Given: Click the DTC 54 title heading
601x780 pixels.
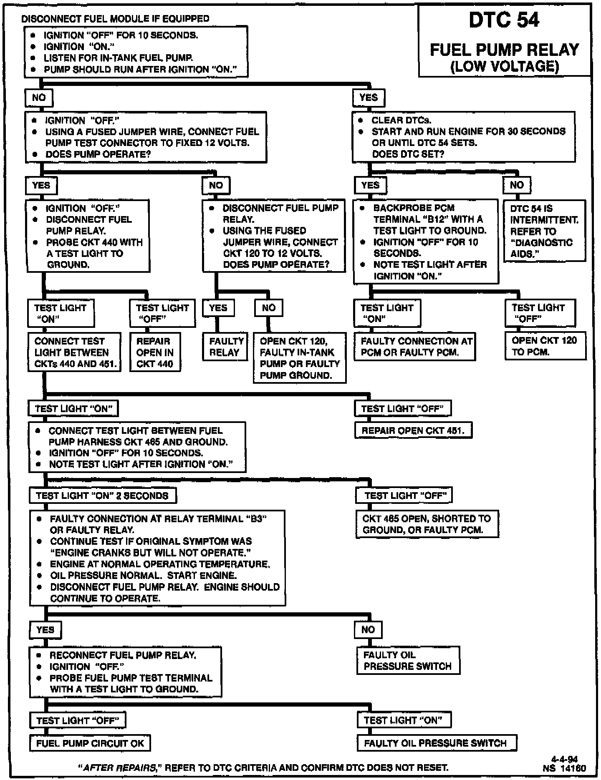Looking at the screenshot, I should pos(504,20).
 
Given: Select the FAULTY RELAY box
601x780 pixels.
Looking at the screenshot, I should pos(225,347).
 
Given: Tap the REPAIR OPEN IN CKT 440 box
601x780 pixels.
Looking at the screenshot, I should pos(155,352).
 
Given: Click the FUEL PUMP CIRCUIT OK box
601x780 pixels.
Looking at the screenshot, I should pos(90,743).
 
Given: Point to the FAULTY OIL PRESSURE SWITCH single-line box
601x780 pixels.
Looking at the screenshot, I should pos(437,743).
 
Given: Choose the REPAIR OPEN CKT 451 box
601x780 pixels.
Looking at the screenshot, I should pos(413,430).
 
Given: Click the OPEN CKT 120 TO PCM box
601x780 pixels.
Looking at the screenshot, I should pos(545,346).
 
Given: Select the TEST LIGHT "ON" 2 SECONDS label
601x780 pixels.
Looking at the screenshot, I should pos(103,496).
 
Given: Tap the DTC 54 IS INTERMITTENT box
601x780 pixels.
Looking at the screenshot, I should pos(545,231).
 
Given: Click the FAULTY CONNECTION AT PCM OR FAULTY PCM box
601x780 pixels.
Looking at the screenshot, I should pos(414,347).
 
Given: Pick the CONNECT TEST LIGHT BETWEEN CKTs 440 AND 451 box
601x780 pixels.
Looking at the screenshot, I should pos(74,352).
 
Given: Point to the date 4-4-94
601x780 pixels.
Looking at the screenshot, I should pos(564,759).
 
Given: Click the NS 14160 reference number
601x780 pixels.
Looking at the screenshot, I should pos(564,768).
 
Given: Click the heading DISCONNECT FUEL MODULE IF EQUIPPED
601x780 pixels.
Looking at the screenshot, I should pos(115,19).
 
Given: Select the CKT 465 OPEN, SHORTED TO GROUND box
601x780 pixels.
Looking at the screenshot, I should pos(427,524).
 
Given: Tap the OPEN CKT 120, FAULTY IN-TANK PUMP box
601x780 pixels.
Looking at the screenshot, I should pos(299,358).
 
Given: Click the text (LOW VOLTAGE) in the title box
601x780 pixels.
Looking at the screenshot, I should pos(504,66).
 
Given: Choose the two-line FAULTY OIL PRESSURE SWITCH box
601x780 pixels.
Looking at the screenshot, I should pos(408,661).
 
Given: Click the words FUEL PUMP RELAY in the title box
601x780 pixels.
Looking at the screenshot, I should pos(504,50).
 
